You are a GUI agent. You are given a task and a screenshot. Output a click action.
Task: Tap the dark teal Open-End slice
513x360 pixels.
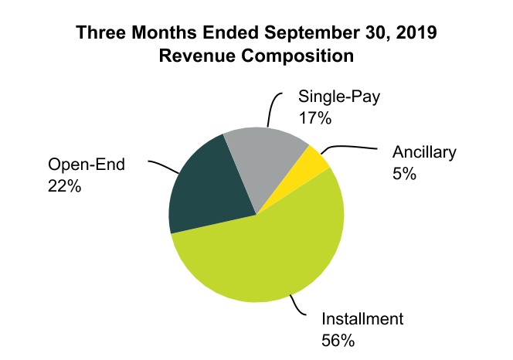coord(206,186)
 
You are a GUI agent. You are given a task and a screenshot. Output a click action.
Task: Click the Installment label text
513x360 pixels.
coord(362,318)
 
